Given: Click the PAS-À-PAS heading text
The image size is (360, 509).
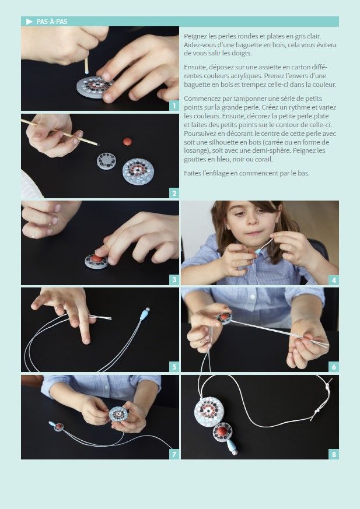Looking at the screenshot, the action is click(x=52, y=22).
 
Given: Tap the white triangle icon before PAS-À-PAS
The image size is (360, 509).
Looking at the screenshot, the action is click(x=30, y=22).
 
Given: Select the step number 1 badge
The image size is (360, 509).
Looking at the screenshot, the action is click(x=174, y=106).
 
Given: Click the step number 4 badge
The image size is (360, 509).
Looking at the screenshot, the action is click(x=334, y=280).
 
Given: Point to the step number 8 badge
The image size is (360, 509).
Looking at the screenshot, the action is click(x=334, y=454).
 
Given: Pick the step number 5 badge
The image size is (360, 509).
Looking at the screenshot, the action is click(x=174, y=367).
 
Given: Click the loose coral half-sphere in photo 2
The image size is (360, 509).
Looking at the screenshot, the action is click(x=127, y=142).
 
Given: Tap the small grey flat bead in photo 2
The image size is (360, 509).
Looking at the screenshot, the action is click(x=107, y=161).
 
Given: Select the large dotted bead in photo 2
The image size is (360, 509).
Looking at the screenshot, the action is click(x=138, y=171).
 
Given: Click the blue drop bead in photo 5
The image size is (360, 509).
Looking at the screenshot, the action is click(x=144, y=314).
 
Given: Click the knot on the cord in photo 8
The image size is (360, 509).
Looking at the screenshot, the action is click(x=316, y=412).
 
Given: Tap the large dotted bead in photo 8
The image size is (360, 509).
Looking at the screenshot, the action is click(x=209, y=412).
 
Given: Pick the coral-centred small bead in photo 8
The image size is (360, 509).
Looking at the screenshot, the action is click(x=222, y=432).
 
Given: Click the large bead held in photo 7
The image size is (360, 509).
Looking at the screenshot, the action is click(x=118, y=414).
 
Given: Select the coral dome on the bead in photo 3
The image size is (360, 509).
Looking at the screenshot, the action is click(x=97, y=258).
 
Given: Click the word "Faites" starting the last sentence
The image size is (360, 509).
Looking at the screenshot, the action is click(x=192, y=173).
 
